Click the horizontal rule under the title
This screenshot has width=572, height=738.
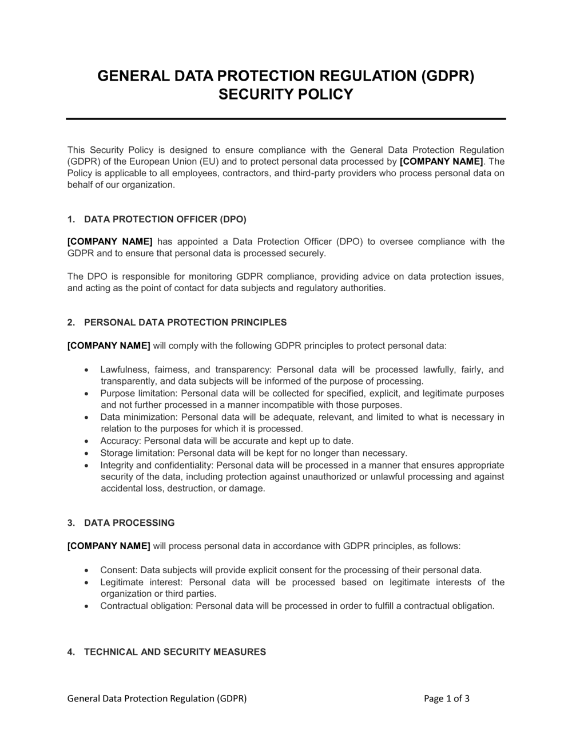[x=286, y=119]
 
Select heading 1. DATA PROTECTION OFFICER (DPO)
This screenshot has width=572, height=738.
[x=157, y=219]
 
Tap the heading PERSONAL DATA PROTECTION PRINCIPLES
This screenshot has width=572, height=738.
[x=185, y=322]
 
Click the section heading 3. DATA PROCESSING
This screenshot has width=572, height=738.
[x=121, y=522]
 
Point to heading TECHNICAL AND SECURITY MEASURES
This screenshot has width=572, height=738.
[x=175, y=652]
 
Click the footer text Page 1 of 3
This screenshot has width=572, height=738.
[x=447, y=698]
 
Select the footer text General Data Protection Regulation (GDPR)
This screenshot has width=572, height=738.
[x=157, y=698]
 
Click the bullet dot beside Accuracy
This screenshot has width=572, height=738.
[x=86, y=441]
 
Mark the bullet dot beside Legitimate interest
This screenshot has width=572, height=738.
[x=86, y=582]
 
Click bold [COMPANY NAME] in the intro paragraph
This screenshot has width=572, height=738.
[x=441, y=161]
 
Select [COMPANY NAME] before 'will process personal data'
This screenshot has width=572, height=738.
[x=109, y=546]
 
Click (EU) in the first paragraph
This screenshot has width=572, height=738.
[x=209, y=161]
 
